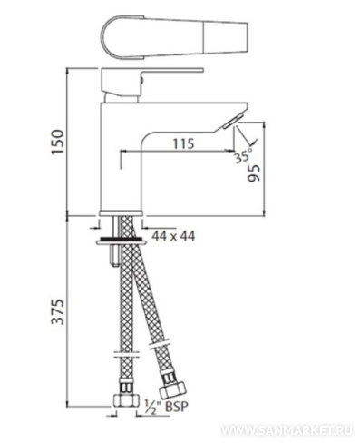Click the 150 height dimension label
57,142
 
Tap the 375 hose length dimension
57,312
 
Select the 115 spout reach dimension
183,143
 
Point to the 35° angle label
243,156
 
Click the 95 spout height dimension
253,173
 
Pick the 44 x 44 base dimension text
173,236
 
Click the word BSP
177,407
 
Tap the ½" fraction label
153,406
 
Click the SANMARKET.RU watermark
287,430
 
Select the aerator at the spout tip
233,122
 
